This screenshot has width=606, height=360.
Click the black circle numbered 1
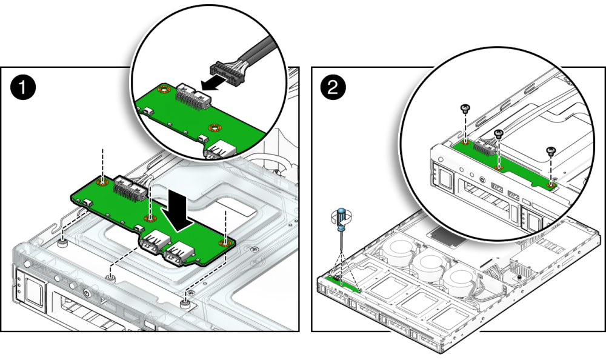[x=23, y=87]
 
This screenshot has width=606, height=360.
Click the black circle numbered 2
[x=333, y=87]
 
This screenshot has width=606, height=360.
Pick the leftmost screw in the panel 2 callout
[x=465, y=108]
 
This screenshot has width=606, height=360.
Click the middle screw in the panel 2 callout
[x=499, y=134]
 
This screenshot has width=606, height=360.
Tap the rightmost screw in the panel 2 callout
[x=551, y=151]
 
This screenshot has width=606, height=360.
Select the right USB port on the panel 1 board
[x=179, y=254]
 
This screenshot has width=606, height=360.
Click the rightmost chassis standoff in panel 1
[x=186, y=303]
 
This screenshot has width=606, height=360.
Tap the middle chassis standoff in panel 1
[x=110, y=277]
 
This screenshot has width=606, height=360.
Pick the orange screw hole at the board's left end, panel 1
[x=102, y=181]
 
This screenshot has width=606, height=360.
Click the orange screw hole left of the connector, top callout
[x=164, y=90]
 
